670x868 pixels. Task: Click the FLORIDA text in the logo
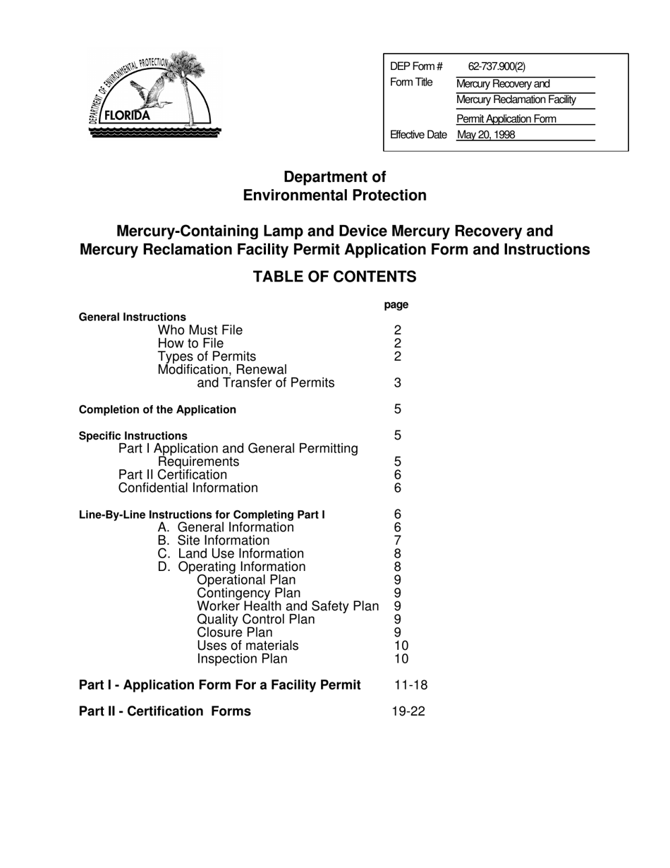[x=128, y=116]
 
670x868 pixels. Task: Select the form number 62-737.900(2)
[x=497, y=67]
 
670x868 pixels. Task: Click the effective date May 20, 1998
[x=486, y=135]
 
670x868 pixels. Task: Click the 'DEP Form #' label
[x=416, y=67]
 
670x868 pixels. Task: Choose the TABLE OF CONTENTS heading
[x=334, y=277]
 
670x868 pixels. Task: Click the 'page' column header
[x=396, y=305]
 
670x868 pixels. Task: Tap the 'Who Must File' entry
[x=200, y=330]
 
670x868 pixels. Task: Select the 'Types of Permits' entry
[x=207, y=356]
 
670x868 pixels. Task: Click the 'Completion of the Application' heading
[x=157, y=410]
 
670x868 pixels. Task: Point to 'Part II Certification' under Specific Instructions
[x=173, y=475]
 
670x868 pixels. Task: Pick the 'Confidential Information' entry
[x=188, y=488]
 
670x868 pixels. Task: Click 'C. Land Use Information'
[x=231, y=554]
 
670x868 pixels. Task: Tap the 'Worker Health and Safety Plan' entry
[x=288, y=606]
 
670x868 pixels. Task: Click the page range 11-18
[x=411, y=685]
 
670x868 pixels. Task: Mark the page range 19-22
[x=408, y=711]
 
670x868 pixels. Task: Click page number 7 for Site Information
[x=398, y=541]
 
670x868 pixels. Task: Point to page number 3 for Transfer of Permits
[x=398, y=383]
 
